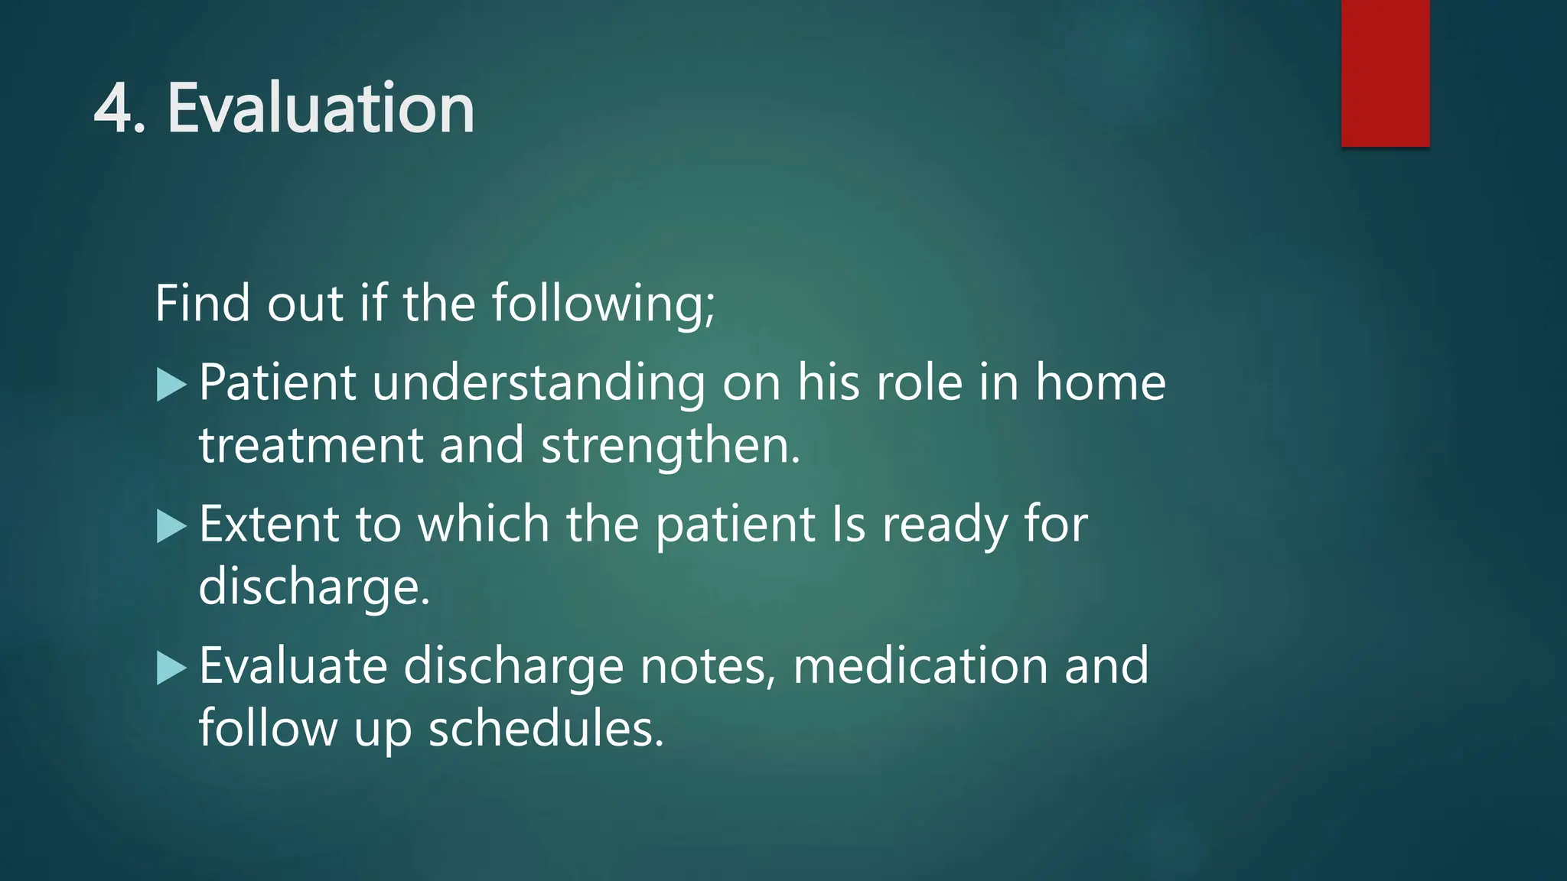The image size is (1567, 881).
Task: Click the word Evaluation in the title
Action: [321, 109]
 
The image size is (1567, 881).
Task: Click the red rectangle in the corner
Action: [1385, 73]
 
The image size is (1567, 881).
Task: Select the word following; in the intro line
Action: [603, 304]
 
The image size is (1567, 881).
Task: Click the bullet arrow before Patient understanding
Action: [171, 385]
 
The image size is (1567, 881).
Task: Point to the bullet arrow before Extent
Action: [171, 526]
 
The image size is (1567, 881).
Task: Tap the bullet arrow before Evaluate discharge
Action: [171, 668]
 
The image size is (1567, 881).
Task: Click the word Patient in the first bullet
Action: [277, 382]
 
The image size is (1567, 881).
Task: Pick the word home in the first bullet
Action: [1100, 382]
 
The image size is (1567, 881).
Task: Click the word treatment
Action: [311, 446]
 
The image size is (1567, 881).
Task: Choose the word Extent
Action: [269, 525]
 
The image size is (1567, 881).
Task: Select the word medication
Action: [920, 665]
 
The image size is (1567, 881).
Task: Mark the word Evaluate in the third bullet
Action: [293, 665]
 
